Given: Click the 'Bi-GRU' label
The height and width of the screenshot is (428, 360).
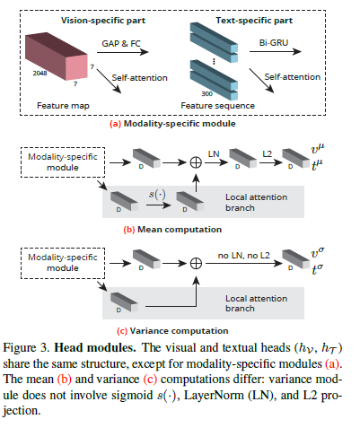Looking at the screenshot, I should tap(284, 42).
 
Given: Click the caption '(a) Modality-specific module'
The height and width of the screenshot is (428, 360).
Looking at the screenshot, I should tap(173, 124).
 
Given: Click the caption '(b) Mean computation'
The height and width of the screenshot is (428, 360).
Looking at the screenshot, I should tap(173, 229).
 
